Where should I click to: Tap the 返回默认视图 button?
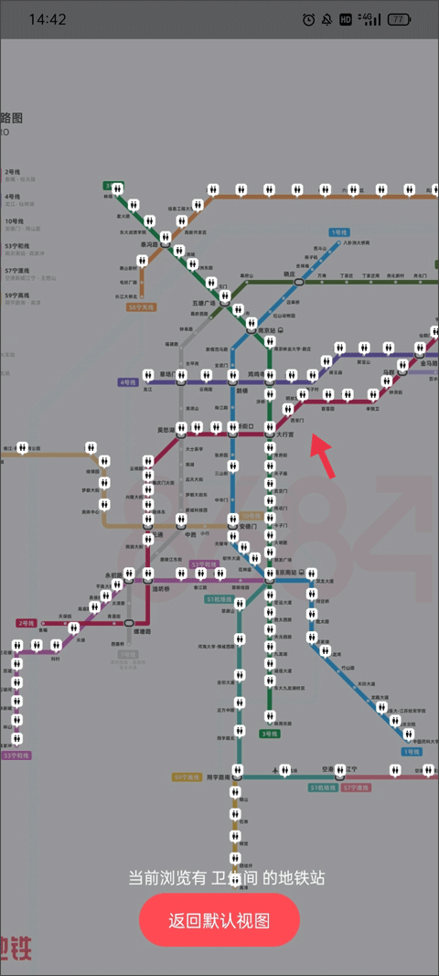click(219, 920)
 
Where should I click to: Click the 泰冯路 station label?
click(149, 245)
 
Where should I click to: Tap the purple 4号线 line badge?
click(127, 381)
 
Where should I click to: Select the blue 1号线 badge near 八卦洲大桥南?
click(340, 232)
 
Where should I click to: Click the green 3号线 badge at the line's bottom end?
click(269, 733)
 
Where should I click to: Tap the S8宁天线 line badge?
click(142, 307)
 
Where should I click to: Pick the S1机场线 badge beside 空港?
click(323, 787)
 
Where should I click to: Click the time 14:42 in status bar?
click(48, 19)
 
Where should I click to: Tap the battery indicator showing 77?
click(399, 19)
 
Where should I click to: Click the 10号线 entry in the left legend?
click(15, 220)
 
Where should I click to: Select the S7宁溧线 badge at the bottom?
click(356, 787)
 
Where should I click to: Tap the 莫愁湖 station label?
click(165, 429)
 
